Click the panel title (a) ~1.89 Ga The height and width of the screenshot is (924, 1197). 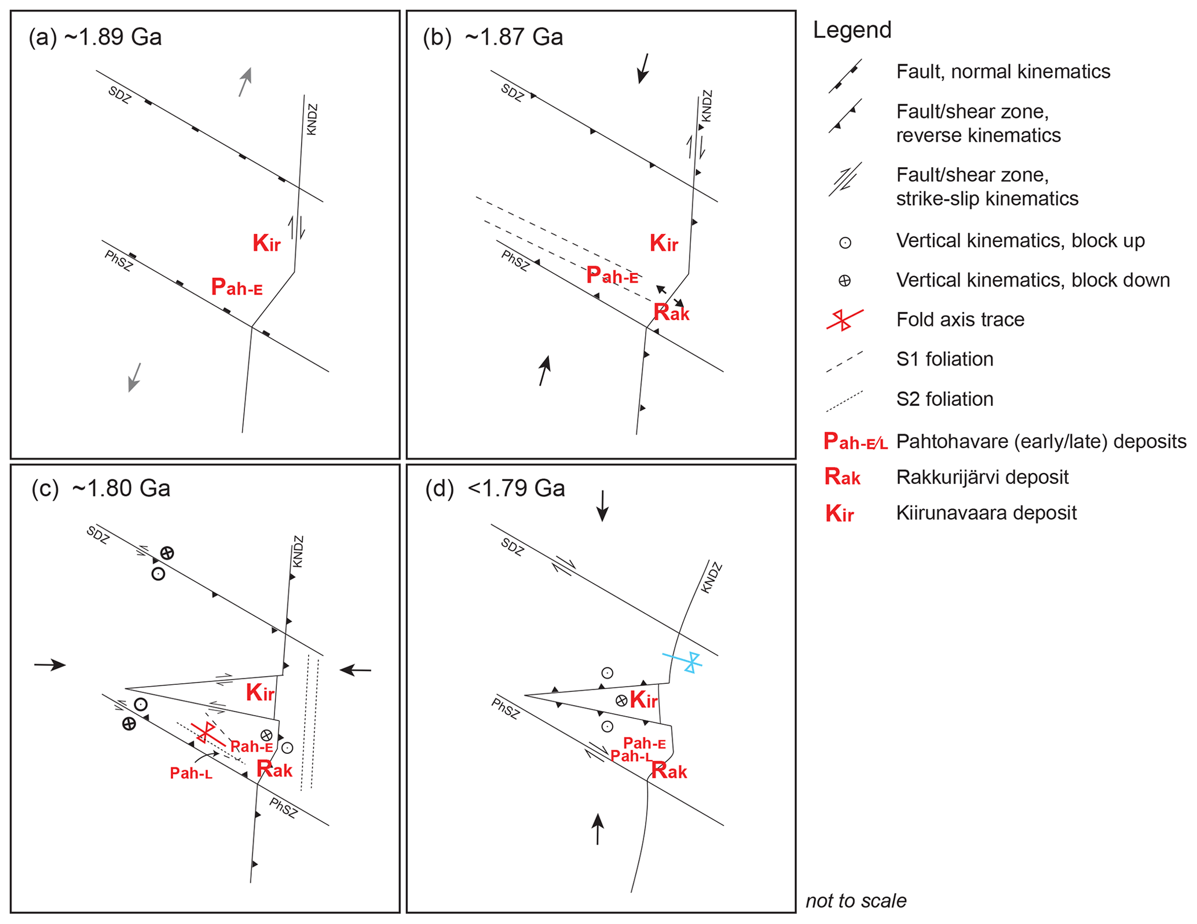click(95, 37)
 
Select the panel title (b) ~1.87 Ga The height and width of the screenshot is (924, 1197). click(493, 37)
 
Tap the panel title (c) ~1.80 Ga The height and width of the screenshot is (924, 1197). click(101, 488)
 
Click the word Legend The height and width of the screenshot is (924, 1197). click(852, 30)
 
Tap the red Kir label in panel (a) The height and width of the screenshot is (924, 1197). click(266, 243)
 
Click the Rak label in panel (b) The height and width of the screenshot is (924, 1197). click(671, 313)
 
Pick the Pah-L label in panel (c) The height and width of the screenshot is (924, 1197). click(191, 773)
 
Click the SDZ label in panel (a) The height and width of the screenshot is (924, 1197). click(120, 94)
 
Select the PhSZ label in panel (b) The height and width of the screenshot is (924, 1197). click(515, 261)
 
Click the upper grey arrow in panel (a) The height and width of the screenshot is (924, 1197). click(246, 82)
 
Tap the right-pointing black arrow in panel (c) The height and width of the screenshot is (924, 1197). click(50, 665)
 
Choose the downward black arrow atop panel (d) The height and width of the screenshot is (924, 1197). click(603, 506)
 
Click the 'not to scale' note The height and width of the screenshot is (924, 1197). click(856, 901)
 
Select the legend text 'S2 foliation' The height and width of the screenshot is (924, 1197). click(945, 399)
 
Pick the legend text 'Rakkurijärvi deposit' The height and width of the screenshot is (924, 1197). click(982, 477)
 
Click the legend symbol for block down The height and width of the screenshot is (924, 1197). click(845, 281)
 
